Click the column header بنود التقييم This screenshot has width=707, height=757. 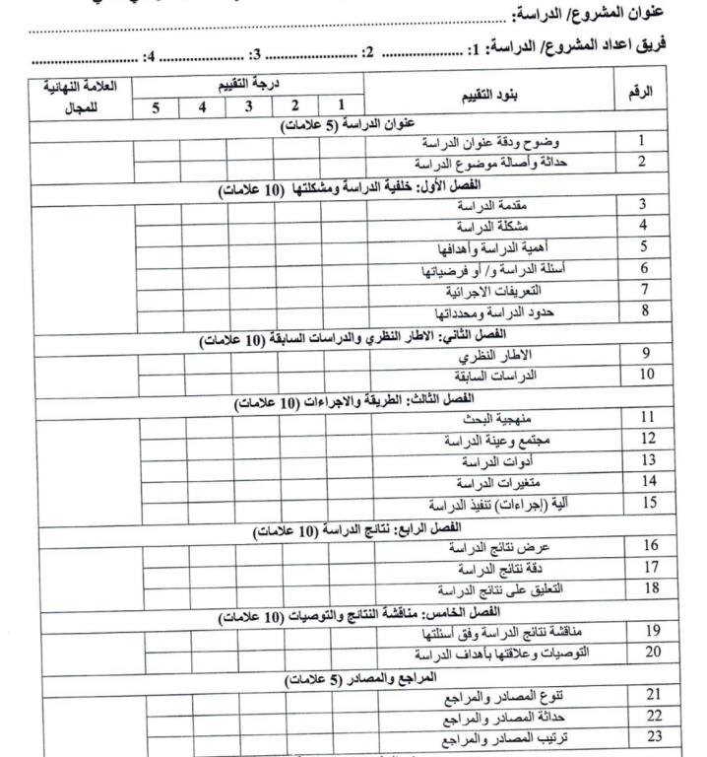click(x=490, y=95)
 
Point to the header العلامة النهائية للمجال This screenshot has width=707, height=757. click(x=81, y=95)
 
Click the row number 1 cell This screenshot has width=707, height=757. click(x=642, y=142)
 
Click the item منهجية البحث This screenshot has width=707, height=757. click(x=493, y=418)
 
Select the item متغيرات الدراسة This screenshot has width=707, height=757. click(x=488, y=483)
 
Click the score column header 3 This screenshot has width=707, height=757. click(x=249, y=105)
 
